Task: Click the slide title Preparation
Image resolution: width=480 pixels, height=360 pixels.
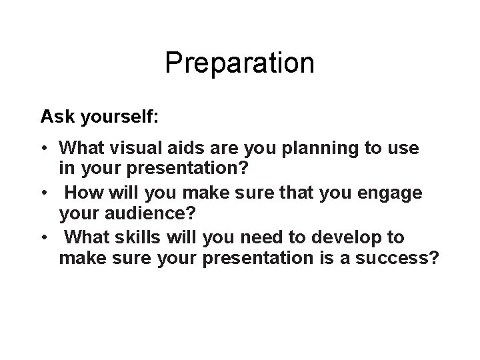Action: pos(239,63)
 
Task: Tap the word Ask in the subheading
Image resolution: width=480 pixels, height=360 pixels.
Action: pos(55,117)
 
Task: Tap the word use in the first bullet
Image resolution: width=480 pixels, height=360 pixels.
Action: pos(402,148)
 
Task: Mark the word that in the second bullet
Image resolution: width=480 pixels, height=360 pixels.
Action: pos(286,193)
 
